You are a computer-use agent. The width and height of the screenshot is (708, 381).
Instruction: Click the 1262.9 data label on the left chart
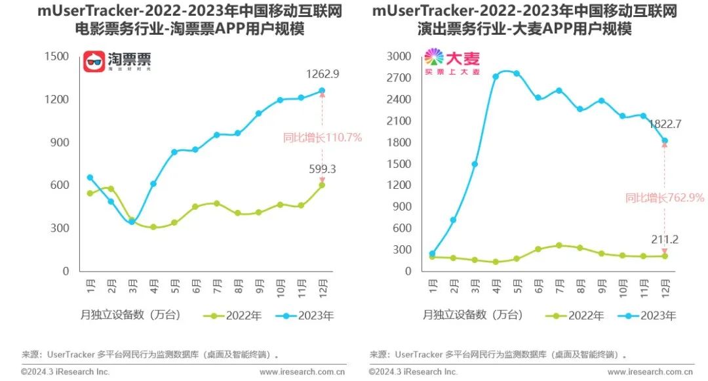click(322, 74)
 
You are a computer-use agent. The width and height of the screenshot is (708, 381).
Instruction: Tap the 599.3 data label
click(321, 169)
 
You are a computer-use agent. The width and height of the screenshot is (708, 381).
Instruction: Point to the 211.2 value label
click(665, 239)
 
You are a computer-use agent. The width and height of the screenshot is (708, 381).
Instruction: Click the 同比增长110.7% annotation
click(322, 138)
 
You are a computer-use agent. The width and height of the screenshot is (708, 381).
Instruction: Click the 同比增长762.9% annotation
click(664, 197)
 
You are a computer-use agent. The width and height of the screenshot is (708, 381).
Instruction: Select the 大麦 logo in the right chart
click(452, 62)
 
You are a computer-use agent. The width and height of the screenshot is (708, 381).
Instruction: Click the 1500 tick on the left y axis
click(56, 56)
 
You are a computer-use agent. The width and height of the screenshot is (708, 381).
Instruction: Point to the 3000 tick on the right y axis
click(399, 56)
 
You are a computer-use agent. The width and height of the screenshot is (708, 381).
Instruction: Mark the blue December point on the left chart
click(322, 90)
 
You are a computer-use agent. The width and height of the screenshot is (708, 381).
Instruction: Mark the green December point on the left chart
click(322, 185)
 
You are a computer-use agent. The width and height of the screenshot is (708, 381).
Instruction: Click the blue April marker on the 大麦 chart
click(496, 76)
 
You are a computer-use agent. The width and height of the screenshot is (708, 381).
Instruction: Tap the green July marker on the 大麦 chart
click(559, 245)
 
